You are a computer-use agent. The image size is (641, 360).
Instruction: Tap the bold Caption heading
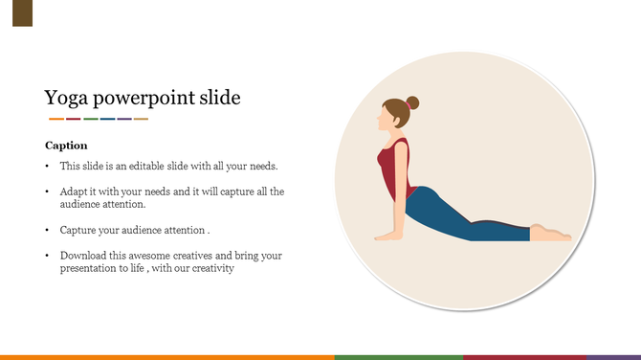[x=66, y=146]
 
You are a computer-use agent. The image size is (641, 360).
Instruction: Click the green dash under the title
[x=91, y=119]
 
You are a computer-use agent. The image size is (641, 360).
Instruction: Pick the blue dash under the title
[x=107, y=119]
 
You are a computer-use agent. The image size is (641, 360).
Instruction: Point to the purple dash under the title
[x=123, y=119]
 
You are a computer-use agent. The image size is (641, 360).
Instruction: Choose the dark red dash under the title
[x=74, y=119]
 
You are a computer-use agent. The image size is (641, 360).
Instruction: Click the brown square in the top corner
[x=22, y=13]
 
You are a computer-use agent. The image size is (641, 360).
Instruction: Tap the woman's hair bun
[x=412, y=102]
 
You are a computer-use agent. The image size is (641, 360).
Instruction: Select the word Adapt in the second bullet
[x=74, y=191]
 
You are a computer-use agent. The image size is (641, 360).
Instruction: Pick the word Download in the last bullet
[x=82, y=257]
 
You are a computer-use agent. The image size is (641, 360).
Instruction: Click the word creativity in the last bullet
[x=210, y=269]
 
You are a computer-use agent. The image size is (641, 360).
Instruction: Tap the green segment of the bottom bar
[x=398, y=356]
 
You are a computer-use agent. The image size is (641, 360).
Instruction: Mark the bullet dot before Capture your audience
[x=48, y=231]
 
